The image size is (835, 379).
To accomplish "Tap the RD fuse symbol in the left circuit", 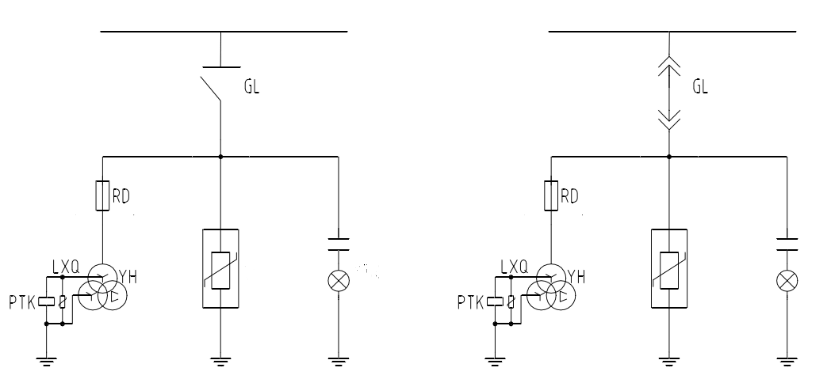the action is (102, 196).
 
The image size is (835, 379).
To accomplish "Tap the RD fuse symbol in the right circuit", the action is (551, 196).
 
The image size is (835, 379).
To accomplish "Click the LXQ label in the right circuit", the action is (514, 267).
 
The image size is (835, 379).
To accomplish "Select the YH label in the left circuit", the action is (128, 277).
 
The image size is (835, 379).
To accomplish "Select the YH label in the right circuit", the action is (576, 277).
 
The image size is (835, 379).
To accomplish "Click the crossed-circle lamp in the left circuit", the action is (339, 281).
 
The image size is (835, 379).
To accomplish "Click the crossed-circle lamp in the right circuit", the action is (787, 281).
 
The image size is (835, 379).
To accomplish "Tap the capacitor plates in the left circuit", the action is (339, 244).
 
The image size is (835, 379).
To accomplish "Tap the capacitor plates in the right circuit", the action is (787, 244).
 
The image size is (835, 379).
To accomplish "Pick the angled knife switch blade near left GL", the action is (210, 89).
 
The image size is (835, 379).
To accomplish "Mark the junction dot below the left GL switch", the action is (221, 157).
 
